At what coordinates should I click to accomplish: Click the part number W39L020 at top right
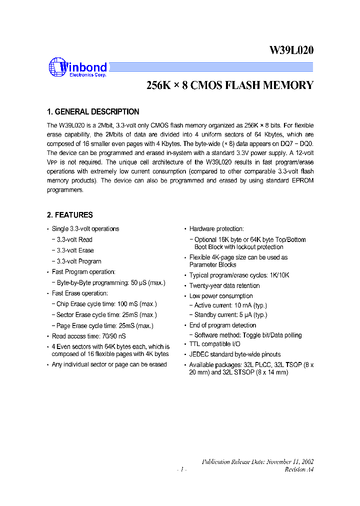[291, 50]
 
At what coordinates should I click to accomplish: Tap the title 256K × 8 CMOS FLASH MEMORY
[229, 85]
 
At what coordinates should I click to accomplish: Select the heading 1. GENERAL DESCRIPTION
[93, 112]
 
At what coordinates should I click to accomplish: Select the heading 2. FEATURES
[70, 215]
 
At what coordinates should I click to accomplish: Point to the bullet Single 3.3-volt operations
[85, 229]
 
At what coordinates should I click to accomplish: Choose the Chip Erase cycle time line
[106, 304]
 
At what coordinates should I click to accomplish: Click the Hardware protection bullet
[216, 229]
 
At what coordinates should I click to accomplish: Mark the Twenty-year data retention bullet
[224, 286]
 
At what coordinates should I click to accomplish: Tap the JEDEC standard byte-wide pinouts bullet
[235, 354]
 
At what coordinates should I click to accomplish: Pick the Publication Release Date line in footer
[257, 462]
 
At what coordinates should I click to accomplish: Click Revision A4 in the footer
[299, 469]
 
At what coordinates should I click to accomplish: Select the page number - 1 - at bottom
[181, 469]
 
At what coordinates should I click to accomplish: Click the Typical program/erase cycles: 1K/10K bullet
[239, 275]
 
